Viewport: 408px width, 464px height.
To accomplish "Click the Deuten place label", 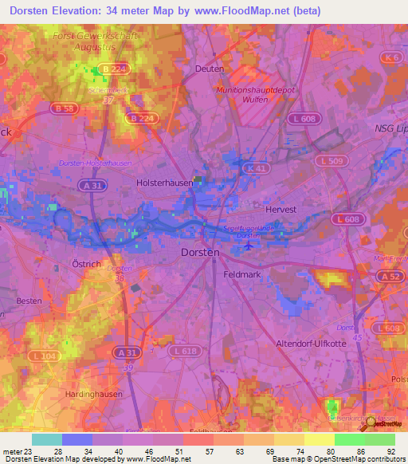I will [x=209, y=69].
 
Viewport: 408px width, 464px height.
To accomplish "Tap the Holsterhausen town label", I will [x=165, y=183].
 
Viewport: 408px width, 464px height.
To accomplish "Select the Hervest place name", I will [x=302, y=209].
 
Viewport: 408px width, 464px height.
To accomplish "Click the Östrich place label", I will [x=85, y=262].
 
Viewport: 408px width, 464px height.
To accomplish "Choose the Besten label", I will [x=29, y=301].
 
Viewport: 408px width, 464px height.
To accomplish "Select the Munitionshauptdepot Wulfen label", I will [x=255, y=96].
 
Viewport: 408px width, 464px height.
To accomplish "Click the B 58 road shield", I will [x=61, y=107].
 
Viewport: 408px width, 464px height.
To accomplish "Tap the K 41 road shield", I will [x=257, y=169].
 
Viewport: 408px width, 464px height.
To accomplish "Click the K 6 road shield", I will [x=390, y=58].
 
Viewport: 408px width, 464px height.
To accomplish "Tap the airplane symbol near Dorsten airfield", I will [x=249, y=246].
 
